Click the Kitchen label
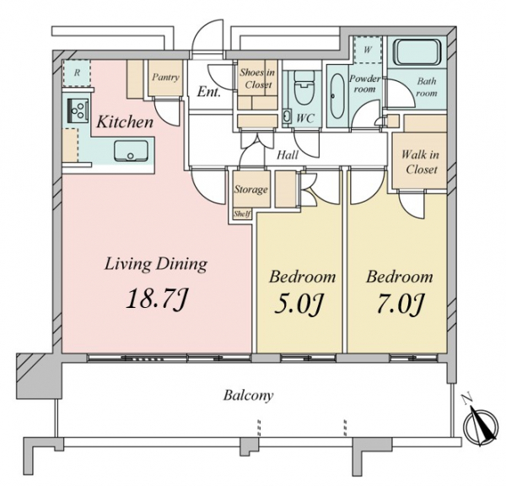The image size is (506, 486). click(x=125, y=122)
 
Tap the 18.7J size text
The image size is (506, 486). click(x=157, y=299)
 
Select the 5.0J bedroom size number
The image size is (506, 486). click(x=299, y=304)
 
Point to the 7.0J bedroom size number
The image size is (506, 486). click(x=399, y=304)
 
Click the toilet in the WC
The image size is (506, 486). click(x=303, y=87)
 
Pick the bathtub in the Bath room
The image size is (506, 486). click(x=417, y=52)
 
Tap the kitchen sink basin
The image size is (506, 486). click(x=131, y=150)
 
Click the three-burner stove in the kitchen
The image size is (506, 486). click(x=78, y=111)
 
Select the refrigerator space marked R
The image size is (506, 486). click(x=77, y=73)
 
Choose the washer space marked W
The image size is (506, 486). click(x=368, y=50)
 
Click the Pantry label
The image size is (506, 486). click(x=165, y=77)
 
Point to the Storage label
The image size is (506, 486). click(x=251, y=189)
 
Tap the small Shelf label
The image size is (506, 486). click(x=242, y=213)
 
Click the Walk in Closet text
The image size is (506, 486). click(x=421, y=162)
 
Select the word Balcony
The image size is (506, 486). click(x=248, y=395)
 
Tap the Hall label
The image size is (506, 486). click(x=288, y=155)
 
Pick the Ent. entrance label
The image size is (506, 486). click(x=209, y=92)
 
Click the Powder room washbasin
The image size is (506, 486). click(x=337, y=96)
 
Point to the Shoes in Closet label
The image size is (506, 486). click(x=257, y=78)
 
